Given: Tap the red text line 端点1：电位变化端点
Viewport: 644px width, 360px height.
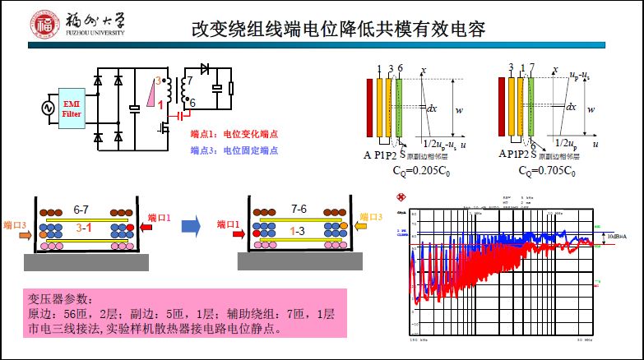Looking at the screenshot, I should pos(229,134).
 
